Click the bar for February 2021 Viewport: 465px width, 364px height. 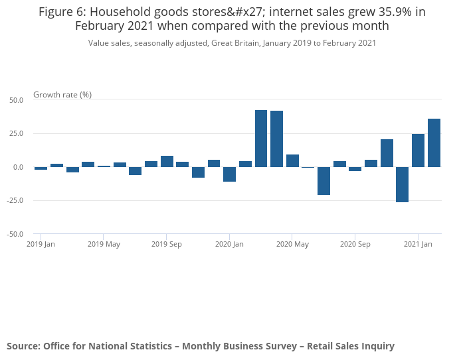[x=434, y=143]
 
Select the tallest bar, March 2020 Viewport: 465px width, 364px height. [x=261, y=139]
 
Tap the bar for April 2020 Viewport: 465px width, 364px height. [x=277, y=139]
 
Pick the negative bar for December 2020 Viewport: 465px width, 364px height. [x=402, y=184]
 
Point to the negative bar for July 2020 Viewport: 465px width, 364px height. [x=324, y=180]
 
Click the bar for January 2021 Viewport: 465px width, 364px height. [x=418, y=151]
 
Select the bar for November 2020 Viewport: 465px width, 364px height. [x=387, y=153]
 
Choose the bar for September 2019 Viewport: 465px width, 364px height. [x=167, y=161]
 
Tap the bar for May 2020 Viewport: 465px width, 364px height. [x=292, y=160]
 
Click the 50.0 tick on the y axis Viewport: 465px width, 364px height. [x=16, y=100]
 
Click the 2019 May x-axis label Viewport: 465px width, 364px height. [x=104, y=245]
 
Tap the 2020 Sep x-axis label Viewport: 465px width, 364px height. [x=355, y=245]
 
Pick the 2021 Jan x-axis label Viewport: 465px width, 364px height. [x=418, y=245]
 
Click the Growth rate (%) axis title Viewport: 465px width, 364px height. [x=62, y=95]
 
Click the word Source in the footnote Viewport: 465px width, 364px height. [x=23, y=346]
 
